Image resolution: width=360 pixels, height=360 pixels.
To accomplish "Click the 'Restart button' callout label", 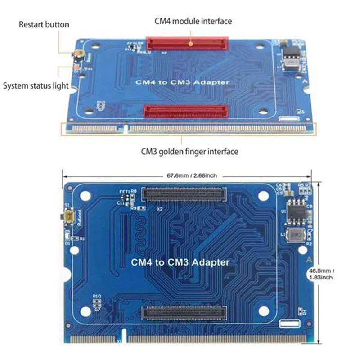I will tap(44, 24).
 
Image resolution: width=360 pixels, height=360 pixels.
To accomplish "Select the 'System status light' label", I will tap(36, 85).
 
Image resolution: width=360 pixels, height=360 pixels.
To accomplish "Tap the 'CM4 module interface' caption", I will tap(193, 21).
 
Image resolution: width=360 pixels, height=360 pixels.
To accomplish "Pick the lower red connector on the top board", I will tap(186, 111).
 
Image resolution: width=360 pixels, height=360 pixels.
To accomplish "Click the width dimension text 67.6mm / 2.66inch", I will tap(188, 176).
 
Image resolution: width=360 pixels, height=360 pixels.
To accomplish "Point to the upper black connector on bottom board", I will tap(183, 194).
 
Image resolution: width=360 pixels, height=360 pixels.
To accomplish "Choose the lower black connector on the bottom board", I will tap(184, 313).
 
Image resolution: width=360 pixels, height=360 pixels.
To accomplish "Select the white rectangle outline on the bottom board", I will tap(288, 323).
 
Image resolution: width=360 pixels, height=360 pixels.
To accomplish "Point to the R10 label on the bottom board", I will tap(96, 296).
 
